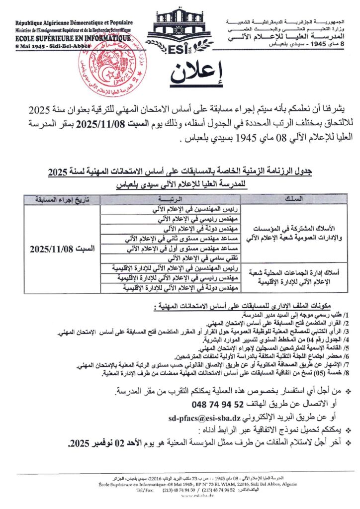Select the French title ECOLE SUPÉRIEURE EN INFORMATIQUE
(x=73, y=37)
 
